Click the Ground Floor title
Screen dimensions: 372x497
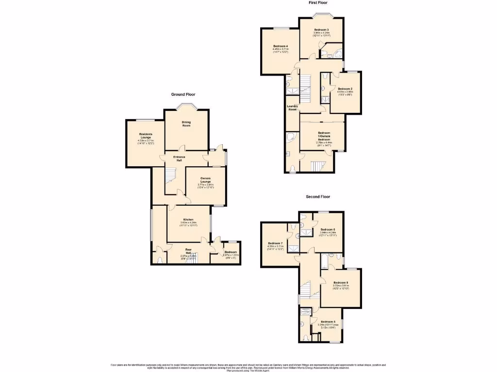183,94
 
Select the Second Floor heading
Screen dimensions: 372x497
318,197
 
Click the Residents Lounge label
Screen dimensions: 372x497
146,136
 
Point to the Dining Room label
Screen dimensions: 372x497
186,124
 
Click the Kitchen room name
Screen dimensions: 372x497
189,220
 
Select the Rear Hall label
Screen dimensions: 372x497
189,251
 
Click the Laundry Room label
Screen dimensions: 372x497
292,108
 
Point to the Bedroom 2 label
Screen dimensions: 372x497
345,89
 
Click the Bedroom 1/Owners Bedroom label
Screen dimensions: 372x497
324,136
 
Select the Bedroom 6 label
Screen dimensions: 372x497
328,229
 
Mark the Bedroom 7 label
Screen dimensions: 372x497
275,243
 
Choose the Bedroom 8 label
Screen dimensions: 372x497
341,282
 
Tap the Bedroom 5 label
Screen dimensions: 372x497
328,322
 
